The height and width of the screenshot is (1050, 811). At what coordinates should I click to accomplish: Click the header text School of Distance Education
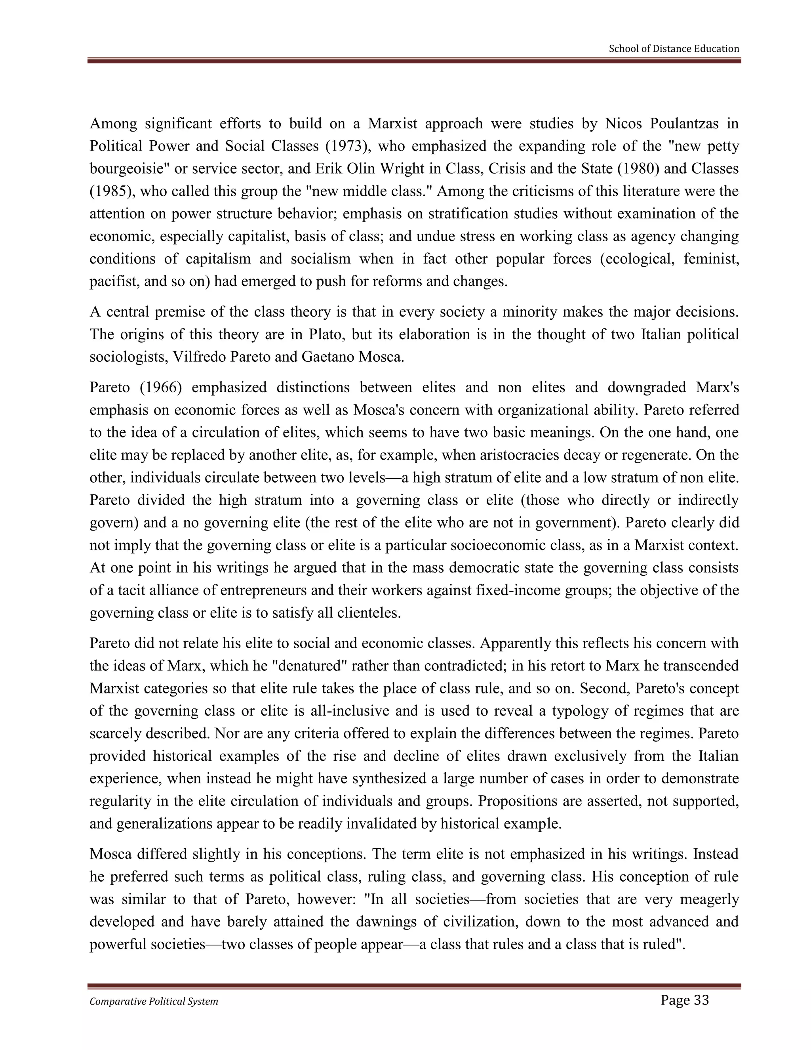[x=674, y=49]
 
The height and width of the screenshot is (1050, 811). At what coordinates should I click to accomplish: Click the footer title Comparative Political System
[x=154, y=1001]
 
